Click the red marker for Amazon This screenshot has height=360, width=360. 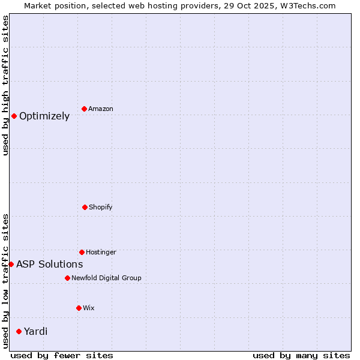[84, 109]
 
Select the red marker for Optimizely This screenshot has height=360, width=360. [14, 116]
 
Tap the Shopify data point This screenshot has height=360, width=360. [85, 207]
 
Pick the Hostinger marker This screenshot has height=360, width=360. [82, 252]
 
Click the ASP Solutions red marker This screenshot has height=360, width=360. [11, 264]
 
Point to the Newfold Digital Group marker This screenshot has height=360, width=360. [67, 278]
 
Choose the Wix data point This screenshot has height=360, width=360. [79, 308]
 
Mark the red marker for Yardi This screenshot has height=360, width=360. [19, 331]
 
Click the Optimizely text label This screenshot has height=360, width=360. [44, 116]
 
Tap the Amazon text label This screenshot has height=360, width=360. [101, 109]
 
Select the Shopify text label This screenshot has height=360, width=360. [101, 208]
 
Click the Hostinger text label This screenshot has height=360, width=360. [101, 253]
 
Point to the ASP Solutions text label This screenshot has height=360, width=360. [50, 265]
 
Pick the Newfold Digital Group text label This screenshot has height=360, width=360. [106, 278]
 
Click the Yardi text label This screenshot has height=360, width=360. [36, 332]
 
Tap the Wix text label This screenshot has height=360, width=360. [89, 308]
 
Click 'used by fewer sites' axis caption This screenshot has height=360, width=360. [62, 355]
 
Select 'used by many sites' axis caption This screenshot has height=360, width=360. [301, 355]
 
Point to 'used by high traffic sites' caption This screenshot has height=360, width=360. [5, 85]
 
